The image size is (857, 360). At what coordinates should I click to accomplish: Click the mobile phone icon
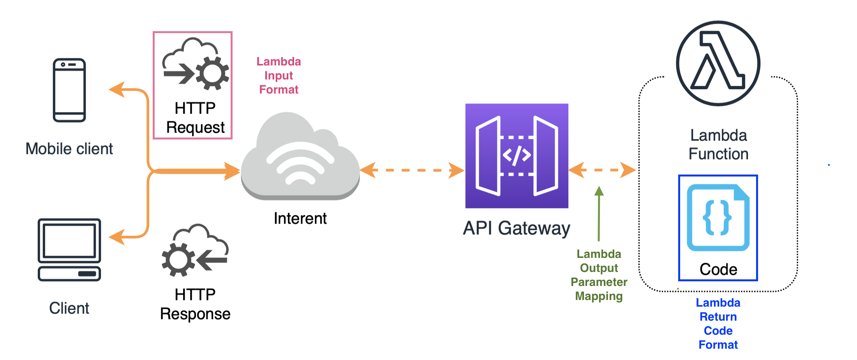[69, 90]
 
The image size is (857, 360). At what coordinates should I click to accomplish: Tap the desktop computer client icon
[69, 250]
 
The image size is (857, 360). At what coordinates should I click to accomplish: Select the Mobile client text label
[69, 149]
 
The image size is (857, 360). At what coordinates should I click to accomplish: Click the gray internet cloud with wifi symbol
[300, 158]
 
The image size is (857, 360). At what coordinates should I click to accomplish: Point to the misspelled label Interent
[300, 219]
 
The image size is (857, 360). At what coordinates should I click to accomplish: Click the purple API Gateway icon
[517, 156]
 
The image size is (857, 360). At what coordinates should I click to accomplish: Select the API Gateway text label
[517, 228]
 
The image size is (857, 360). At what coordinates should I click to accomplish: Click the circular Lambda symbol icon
[718, 63]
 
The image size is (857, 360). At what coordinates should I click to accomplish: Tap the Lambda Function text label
[718, 145]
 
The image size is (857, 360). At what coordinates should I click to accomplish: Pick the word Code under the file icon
[718, 269]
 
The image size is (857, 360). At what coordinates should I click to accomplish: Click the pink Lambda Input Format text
[279, 76]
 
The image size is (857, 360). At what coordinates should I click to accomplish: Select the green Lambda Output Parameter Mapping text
[599, 275]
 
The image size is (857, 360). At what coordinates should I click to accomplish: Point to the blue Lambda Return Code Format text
[718, 323]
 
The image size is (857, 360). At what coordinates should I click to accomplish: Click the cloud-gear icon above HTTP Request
[195, 64]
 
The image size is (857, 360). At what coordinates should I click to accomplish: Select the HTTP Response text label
[195, 304]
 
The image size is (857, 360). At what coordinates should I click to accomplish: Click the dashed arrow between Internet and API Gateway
[412, 170]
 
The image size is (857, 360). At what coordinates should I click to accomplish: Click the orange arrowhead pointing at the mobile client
[116, 90]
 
